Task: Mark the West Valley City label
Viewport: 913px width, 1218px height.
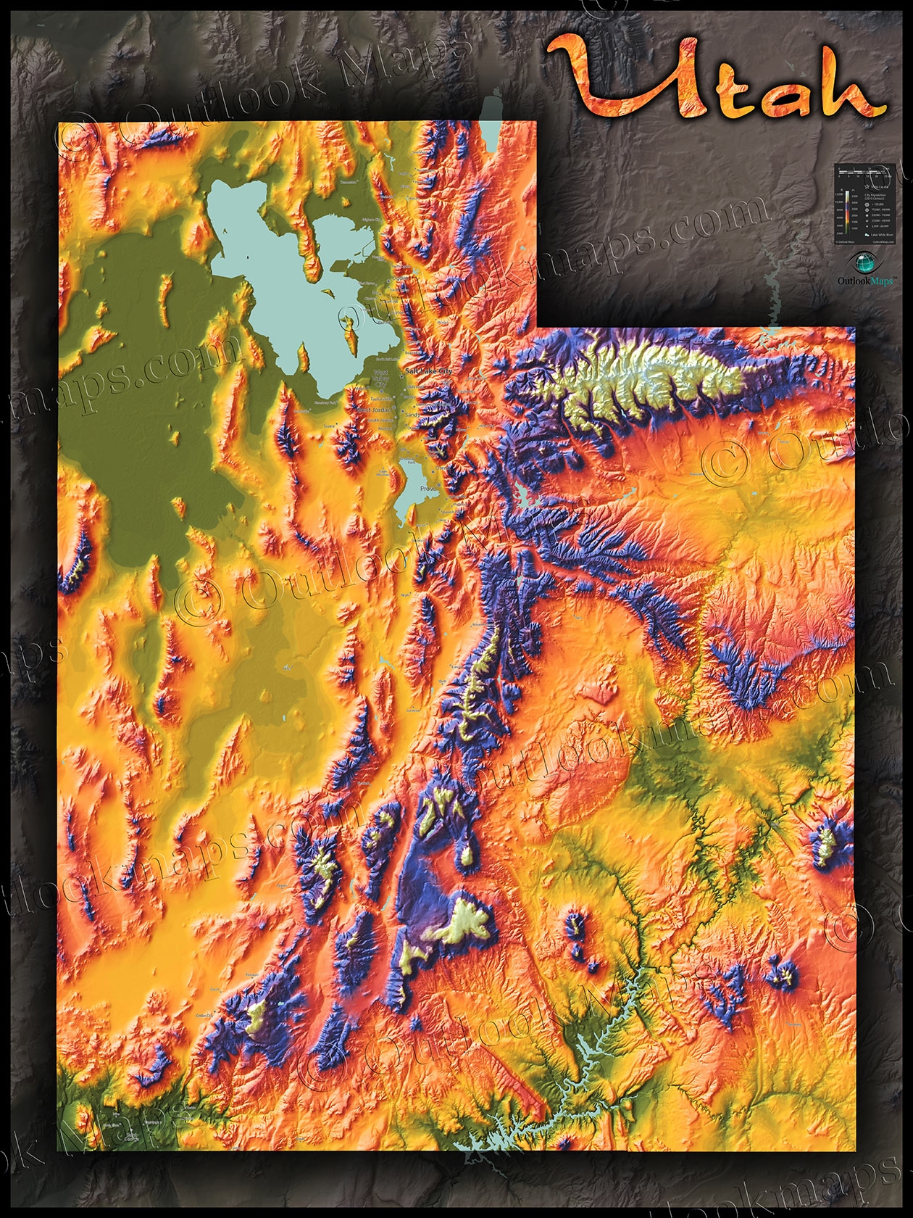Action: [x=380, y=376]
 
